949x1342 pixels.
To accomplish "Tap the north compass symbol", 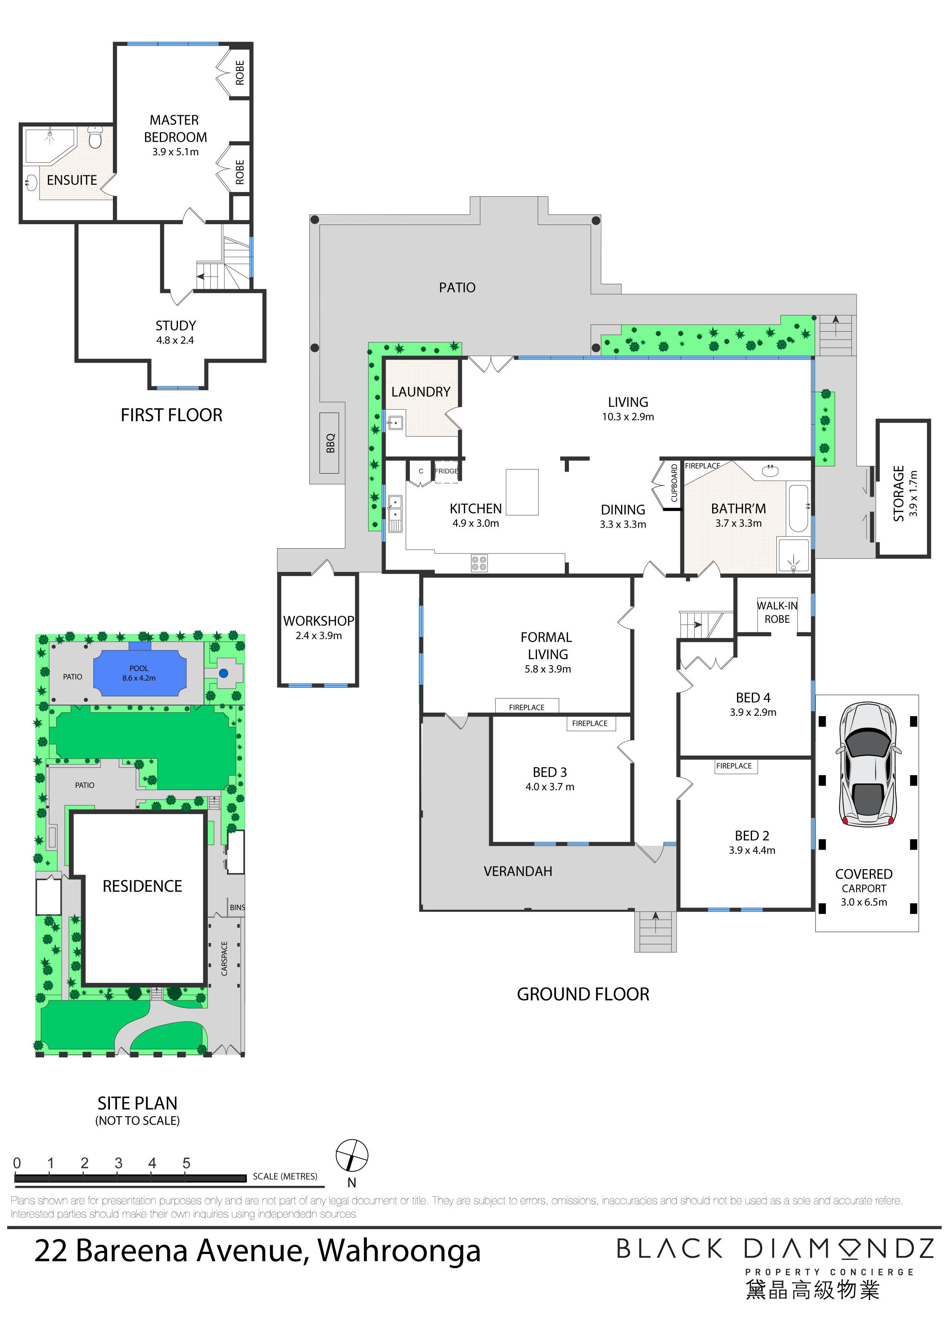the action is tap(352, 1156).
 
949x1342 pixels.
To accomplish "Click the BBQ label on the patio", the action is tap(330, 443).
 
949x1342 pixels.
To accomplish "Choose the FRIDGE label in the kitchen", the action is tap(446, 471).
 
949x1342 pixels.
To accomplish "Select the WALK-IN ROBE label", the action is tap(777, 612).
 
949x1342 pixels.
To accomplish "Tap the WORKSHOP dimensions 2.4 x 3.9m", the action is tap(319, 635).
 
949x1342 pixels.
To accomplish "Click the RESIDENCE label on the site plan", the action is tap(142, 886).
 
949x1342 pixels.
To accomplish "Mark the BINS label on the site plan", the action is tap(237, 907).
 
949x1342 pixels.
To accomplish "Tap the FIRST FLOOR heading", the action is tap(171, 415).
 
